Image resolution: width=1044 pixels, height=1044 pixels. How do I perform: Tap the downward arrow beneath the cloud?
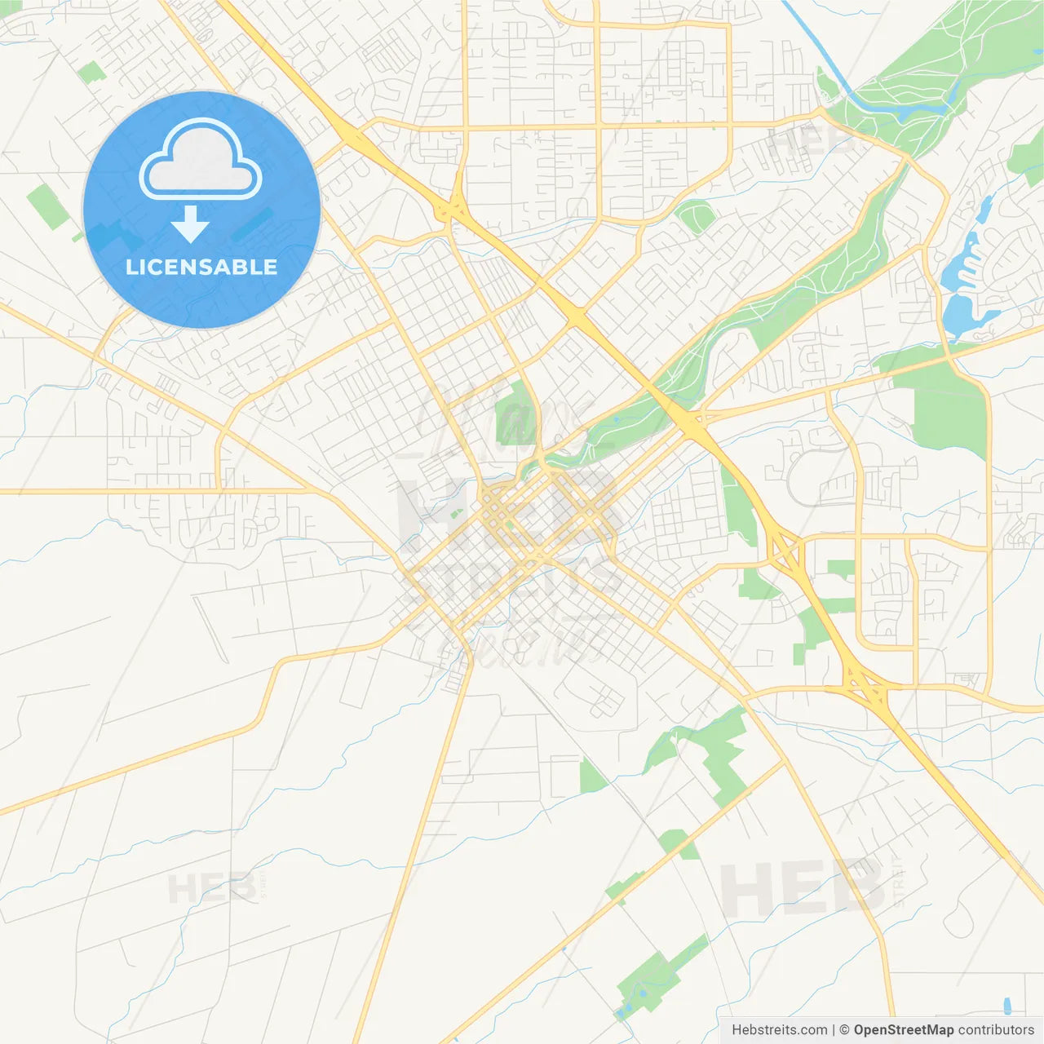[190, 225]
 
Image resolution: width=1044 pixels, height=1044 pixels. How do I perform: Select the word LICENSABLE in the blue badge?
[201, 267]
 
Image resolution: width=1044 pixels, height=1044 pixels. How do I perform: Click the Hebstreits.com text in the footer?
[779, 1030]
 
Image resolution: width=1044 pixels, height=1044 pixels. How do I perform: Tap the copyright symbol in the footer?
[844, 1030]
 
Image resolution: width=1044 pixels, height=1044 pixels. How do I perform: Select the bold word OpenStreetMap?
[903, 1030]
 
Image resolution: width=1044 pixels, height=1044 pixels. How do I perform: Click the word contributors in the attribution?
[996, 1030]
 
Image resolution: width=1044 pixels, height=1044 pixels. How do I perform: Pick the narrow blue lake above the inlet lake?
[984, 210]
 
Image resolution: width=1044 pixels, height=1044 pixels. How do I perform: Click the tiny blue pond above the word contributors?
[1006, 1005]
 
